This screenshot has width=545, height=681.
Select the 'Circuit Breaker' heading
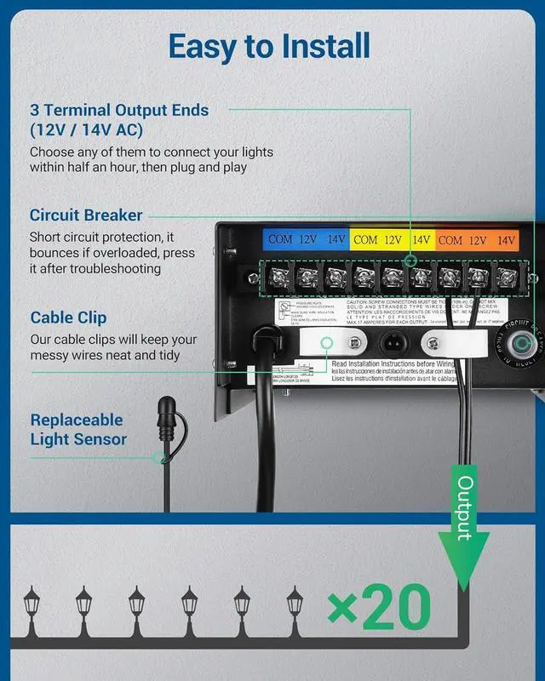(x=86, y=215)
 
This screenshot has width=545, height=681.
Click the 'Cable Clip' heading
(x=68, y=318)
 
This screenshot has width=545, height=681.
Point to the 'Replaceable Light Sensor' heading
(x=77, y=430)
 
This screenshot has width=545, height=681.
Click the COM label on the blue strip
(x=280, y=240)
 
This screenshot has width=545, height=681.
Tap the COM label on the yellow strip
(x=365, y=240)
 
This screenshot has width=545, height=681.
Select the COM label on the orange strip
(x=450, y=240)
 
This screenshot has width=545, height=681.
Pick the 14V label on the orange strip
(x=506, y=240)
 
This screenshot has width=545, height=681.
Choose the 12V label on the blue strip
(x=308, y=240)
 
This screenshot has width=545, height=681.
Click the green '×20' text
(x=379, y=608)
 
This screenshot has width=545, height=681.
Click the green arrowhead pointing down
(x=465, y=570)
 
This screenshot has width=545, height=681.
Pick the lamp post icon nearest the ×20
(x=295, y=607)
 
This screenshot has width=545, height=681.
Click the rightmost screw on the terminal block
(x=507, y=276)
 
